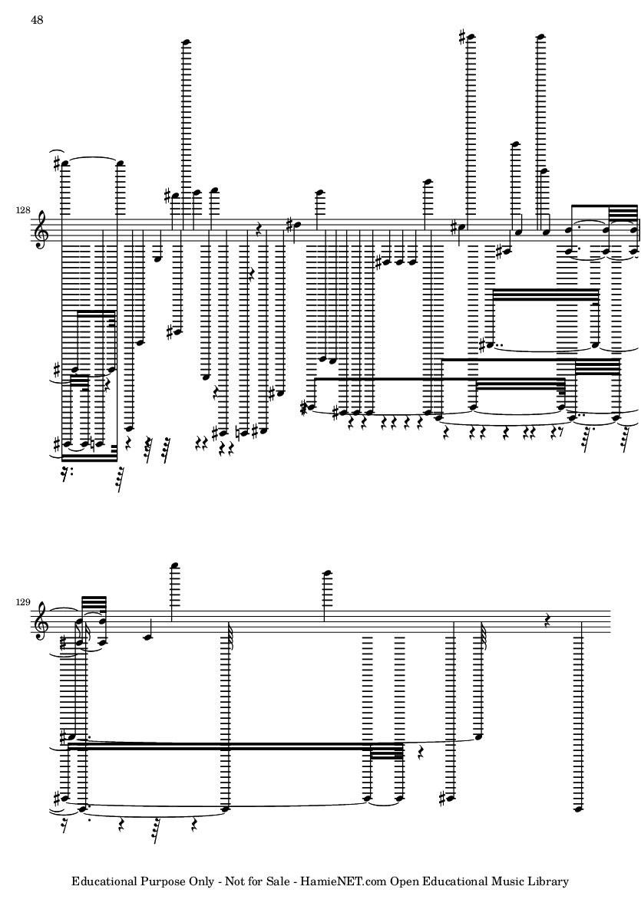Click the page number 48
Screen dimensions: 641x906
[37, 20]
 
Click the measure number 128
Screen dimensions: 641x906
[22, 211]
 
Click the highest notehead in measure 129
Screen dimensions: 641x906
[174, 565]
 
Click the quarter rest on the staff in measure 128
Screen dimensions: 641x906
[259, 231]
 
